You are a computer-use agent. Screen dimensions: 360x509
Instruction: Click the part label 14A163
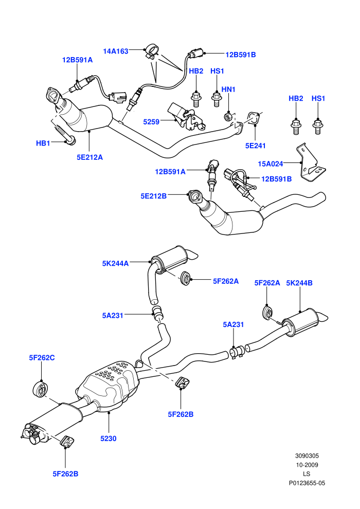click(116, 51)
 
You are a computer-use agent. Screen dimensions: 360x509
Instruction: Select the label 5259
click(151, 122)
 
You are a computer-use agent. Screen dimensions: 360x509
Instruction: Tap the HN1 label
click(228, 89)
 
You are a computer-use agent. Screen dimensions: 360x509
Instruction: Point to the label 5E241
click(256, 146)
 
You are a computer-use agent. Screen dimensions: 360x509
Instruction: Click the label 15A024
click(271, 164)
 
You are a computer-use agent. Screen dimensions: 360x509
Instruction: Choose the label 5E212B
click(154, 196)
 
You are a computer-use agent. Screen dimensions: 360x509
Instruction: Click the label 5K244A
click(116, 264)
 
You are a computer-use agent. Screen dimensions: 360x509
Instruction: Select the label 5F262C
click(42, 358)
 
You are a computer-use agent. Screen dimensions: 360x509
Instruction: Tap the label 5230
click(109, 439)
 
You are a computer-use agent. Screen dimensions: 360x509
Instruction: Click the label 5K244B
click(299, 283)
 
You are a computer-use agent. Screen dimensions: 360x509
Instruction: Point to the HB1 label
click(43, 143)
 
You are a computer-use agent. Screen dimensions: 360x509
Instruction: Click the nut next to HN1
click(228, 116)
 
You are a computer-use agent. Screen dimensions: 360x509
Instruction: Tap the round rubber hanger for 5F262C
click(41, 389)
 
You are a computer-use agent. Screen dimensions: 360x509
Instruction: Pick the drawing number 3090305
click(307, 456)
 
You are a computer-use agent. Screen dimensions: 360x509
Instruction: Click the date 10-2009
click(307, 465)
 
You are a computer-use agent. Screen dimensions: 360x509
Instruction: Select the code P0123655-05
click(307, 483)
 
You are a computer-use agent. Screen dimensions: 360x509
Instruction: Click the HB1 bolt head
click(70, 141)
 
